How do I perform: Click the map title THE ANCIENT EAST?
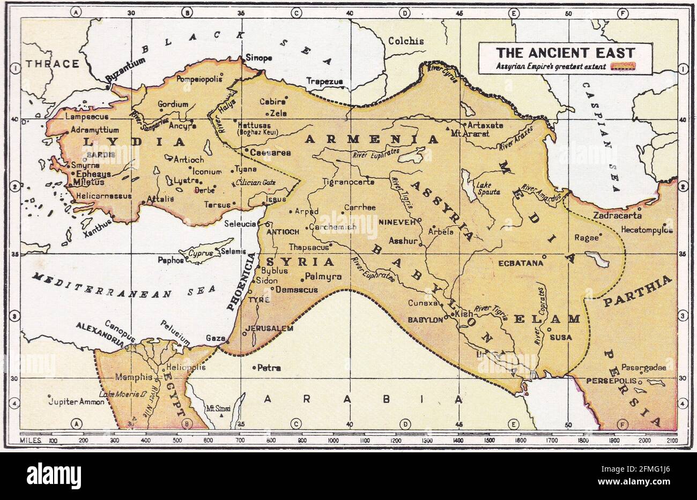tap(565, 53)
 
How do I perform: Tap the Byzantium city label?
tap(126, 70)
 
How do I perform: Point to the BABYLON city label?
tap(425, 320)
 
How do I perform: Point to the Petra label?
tap(269, 368)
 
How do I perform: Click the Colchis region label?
tap(405, 41)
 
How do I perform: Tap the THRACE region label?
tap(53, 64)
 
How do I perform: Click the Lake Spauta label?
tap(488, 188)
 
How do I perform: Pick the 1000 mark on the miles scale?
tap(333, 440)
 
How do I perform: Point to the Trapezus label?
tap(324, 81)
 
